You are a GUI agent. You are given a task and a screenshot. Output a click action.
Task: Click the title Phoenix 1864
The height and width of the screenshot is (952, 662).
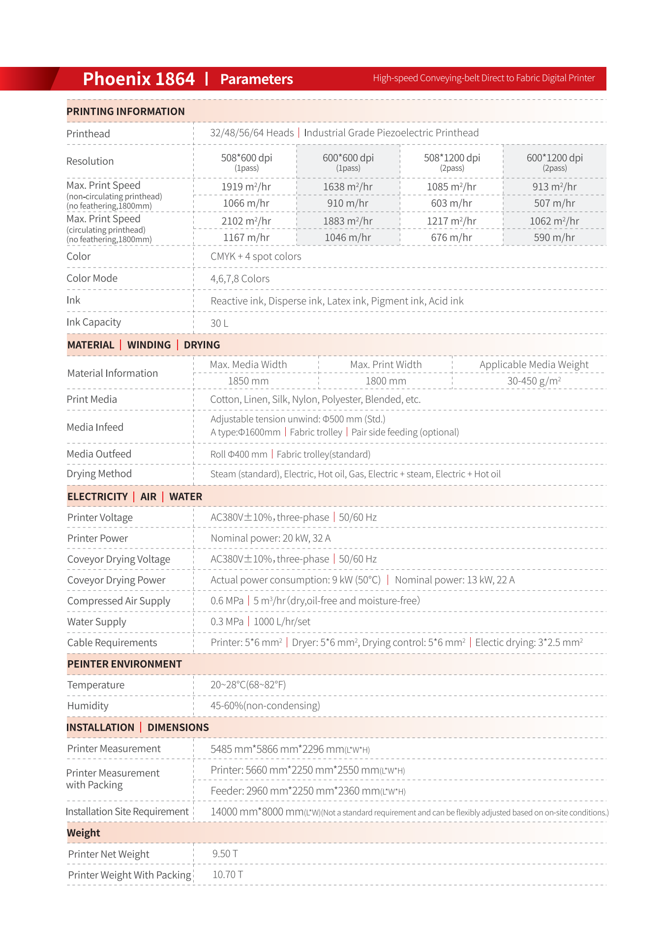139,79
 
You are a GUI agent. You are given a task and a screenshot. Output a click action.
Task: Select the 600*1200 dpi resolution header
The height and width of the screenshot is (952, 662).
554,158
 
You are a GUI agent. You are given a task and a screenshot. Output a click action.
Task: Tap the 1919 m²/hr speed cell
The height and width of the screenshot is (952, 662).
246,187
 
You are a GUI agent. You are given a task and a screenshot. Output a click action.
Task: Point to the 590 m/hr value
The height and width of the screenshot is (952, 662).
554,238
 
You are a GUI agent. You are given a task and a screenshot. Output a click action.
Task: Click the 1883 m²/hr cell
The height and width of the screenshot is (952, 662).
348,221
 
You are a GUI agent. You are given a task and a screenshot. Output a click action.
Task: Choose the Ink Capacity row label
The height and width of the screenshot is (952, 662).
93,322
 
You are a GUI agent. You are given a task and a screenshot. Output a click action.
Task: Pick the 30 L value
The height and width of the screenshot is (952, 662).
219,323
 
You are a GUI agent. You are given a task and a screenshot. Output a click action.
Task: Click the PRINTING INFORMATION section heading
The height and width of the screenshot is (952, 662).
125,112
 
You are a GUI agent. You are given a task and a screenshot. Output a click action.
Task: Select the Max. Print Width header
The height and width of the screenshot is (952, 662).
386,365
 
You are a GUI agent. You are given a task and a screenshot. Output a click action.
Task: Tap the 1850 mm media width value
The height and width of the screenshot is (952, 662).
248,381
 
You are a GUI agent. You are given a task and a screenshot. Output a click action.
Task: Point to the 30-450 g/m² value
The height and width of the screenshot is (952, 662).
534,381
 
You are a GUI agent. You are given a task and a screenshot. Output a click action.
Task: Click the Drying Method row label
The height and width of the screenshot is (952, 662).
99,474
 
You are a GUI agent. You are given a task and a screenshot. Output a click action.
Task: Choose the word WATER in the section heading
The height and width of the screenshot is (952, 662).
185,497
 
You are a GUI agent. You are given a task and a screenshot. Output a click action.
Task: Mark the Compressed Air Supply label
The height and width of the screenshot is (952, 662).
119,601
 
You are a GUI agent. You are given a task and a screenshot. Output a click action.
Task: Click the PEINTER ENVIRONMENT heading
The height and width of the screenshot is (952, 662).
124,664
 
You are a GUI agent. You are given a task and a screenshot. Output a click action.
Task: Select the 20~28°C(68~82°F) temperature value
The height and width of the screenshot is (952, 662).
248,685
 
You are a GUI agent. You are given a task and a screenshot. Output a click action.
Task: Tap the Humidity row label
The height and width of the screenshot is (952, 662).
88,706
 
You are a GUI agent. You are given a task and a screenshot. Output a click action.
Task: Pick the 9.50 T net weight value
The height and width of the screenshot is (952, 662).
225,854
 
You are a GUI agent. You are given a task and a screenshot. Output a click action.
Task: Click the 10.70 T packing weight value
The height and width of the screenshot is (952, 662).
227,874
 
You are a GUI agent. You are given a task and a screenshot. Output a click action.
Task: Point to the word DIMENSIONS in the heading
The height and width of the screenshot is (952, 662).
178,728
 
